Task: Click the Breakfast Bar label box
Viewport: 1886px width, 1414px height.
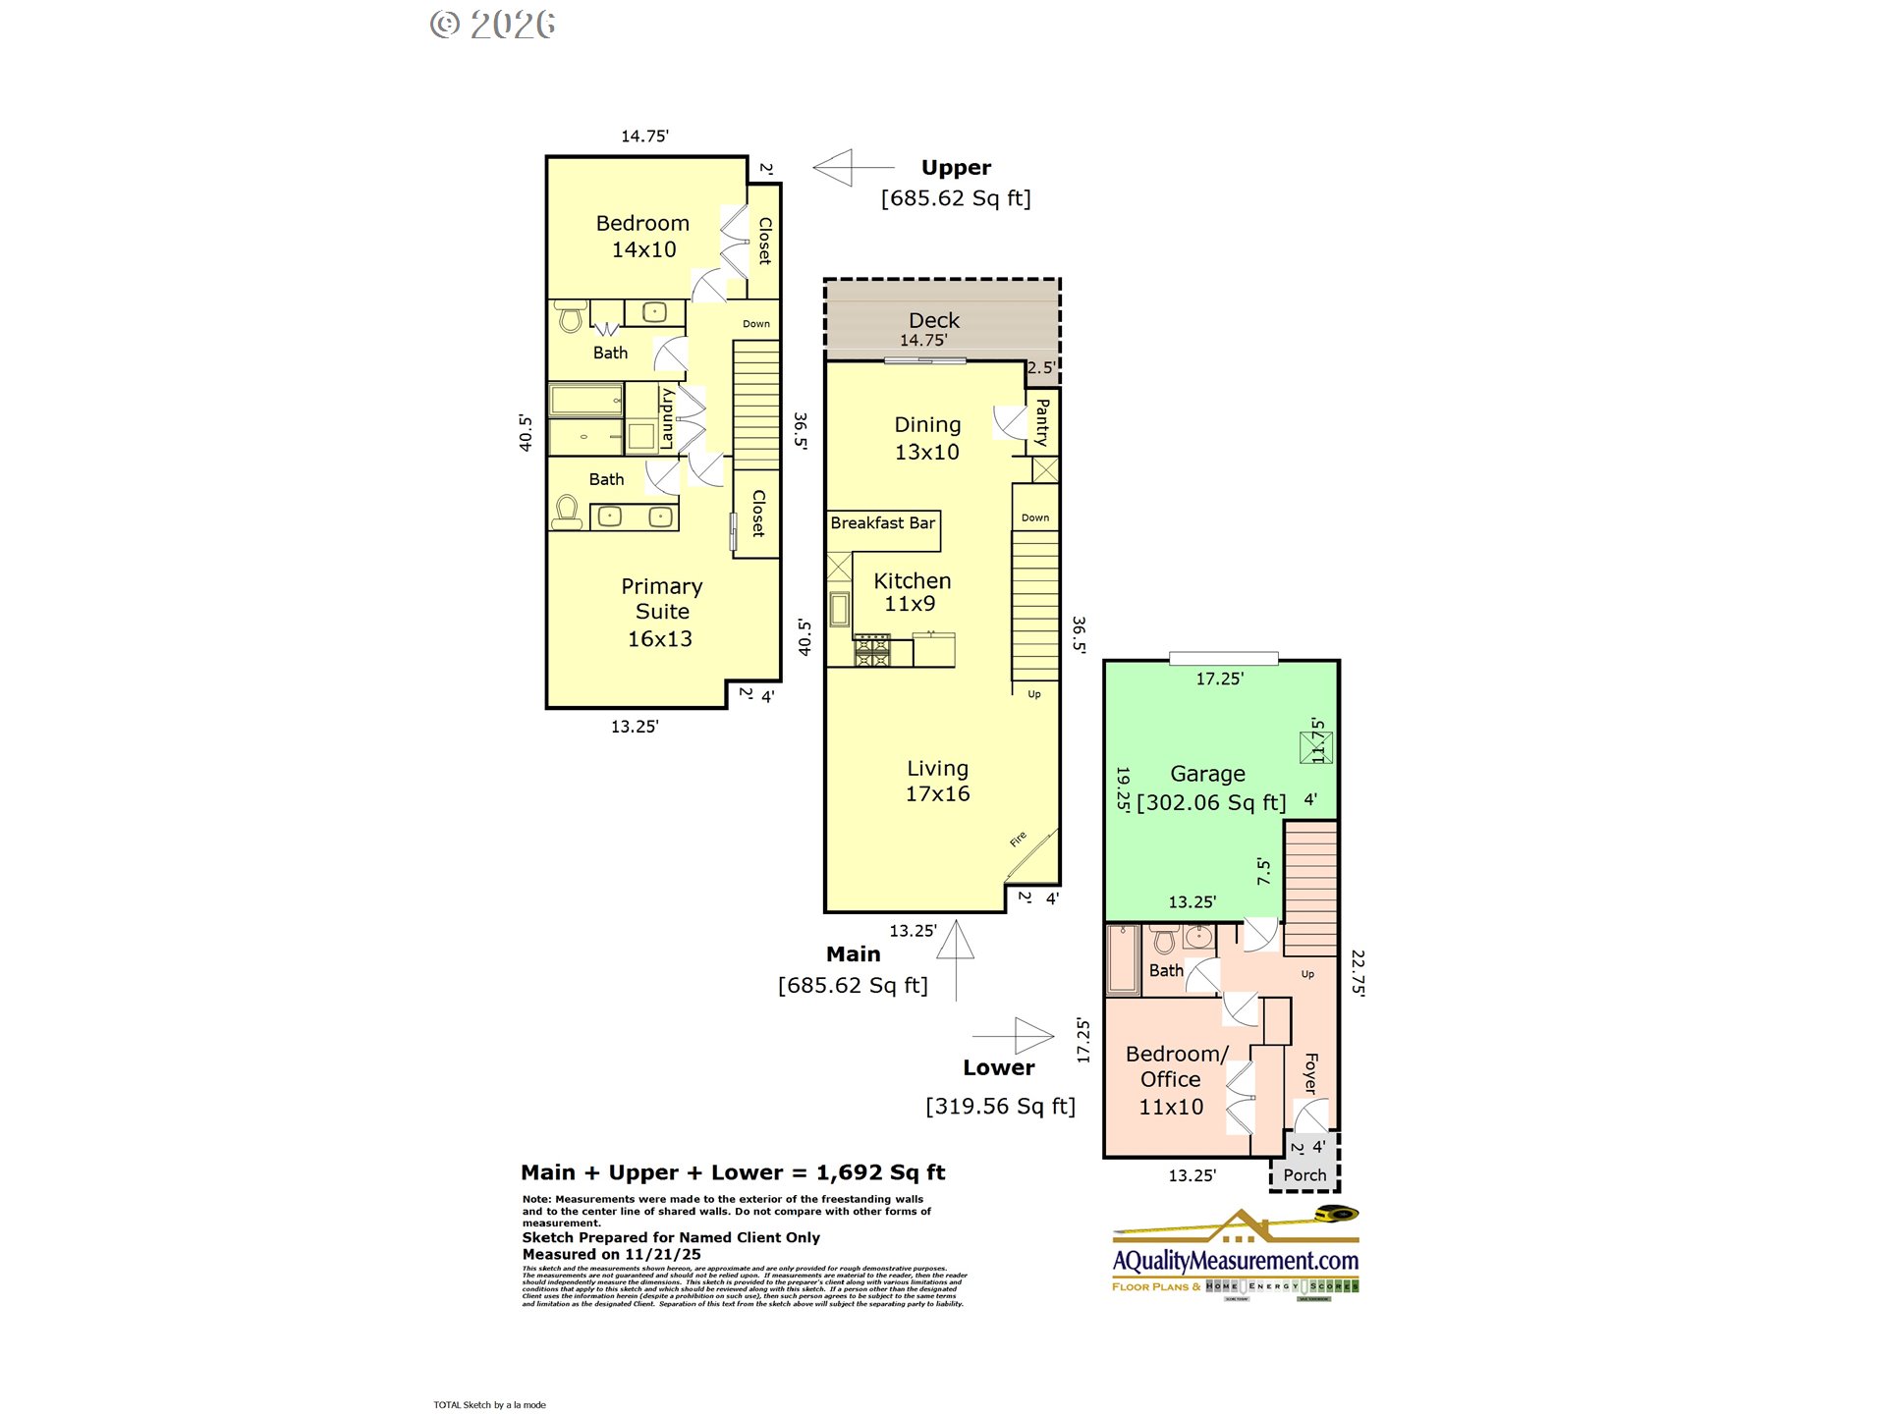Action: [883, 523]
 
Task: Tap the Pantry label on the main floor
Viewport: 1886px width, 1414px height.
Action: [1042, 422]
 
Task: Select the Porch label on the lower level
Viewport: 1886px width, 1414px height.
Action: [1304, 1174]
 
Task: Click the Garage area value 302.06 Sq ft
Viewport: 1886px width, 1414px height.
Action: [1211, 802]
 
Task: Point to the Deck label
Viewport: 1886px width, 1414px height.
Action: [934, 320]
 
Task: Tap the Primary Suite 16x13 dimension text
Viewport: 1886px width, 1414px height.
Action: [660, 639]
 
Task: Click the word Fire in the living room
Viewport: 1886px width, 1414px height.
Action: [1019, 839]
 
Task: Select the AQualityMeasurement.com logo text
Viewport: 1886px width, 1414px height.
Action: [1236, 1260]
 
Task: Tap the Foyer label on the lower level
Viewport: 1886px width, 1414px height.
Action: [1310, 1073]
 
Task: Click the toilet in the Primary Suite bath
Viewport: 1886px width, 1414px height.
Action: [567, 512]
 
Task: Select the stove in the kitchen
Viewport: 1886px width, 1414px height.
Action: [872, 650]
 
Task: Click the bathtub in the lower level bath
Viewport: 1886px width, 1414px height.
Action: [1123, 959]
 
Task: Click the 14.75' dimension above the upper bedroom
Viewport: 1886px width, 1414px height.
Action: [644, 136]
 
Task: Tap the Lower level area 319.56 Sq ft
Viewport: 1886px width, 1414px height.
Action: [1000, 1107]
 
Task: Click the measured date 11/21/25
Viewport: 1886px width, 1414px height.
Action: [663, 1254]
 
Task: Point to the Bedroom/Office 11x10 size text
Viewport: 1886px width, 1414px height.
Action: [1171, 1107]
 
